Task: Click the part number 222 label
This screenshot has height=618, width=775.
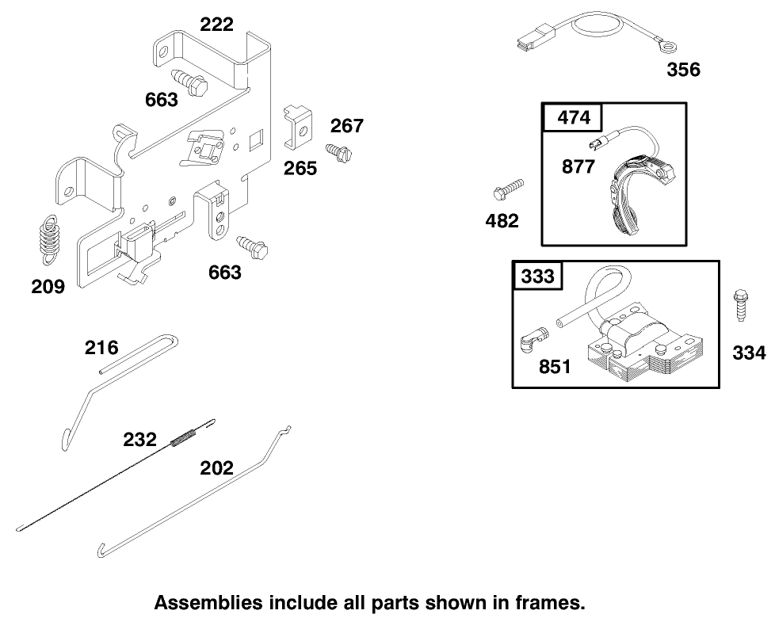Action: tap(216, 25)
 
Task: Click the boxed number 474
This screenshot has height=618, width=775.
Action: tap(574, 118)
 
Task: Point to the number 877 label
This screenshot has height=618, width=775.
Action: tap(578, 168)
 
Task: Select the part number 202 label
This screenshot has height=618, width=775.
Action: tap(216, 467)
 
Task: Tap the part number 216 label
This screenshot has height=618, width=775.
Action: tap(101, 347)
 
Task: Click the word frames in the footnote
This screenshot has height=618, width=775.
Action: tap(554, 601)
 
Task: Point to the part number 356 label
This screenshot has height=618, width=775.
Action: tap(683, 70)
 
